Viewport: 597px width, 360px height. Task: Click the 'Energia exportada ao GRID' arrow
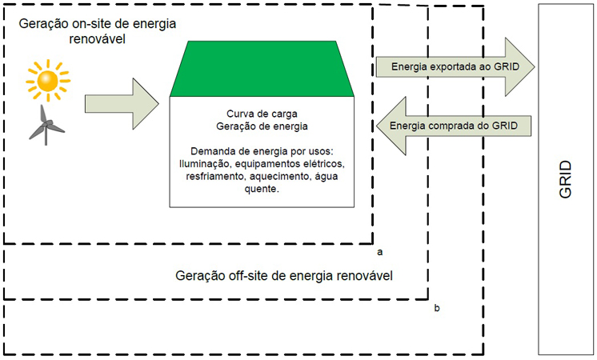click(454, 66)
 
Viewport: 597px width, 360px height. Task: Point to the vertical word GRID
click(566, 180)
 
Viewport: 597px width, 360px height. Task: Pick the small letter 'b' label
click(436, 307)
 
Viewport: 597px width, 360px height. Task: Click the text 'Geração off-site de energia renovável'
click(295, 276)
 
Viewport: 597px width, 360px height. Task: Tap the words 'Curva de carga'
click(262, 114)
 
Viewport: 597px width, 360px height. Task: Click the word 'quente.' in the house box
click(262, 190)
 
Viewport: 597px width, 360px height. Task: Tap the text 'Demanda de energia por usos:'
click(262, 151)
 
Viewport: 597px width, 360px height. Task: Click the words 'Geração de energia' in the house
click(262, 126)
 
